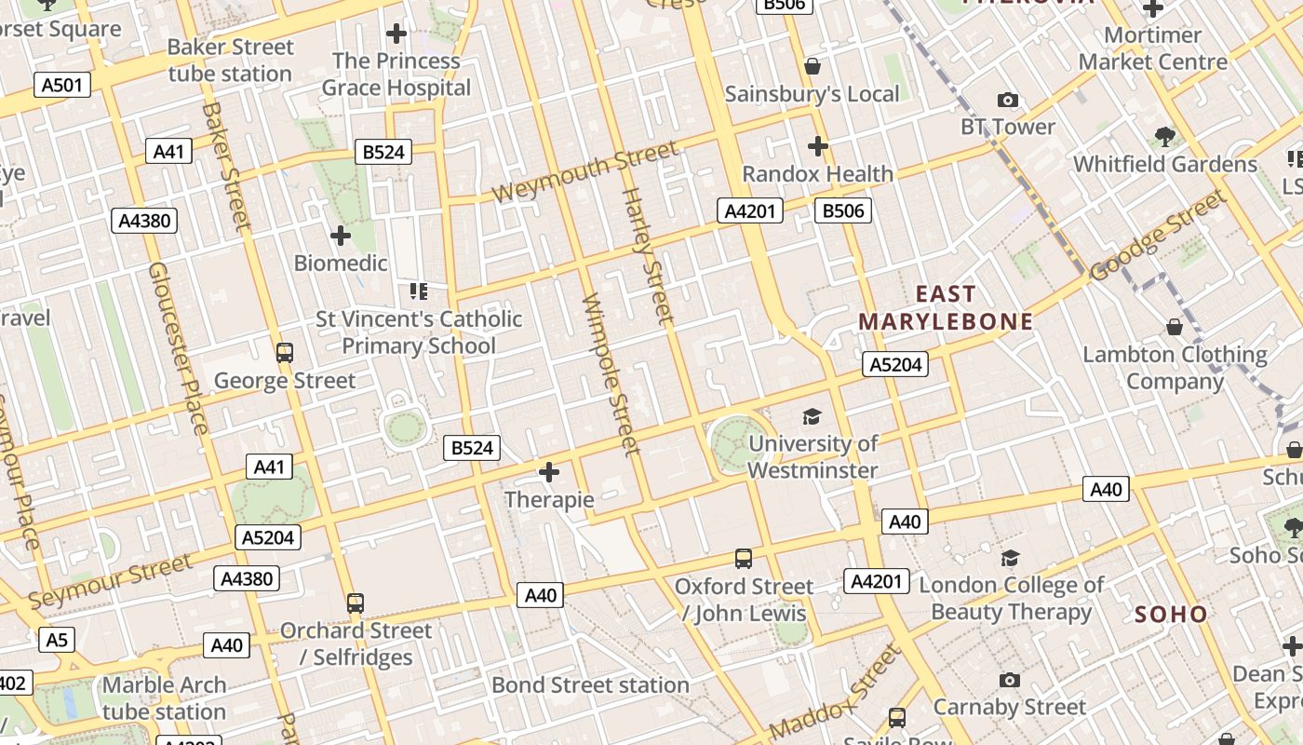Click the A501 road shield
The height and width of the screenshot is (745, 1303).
pos(63,85)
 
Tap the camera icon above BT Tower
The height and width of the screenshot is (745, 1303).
pos(1007,100)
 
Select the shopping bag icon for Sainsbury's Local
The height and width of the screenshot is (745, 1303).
pos(813,66)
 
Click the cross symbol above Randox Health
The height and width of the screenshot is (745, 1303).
pos(817,146)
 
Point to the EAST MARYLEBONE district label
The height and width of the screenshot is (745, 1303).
pos(946,308)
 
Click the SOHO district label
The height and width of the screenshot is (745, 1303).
pos(1171,615)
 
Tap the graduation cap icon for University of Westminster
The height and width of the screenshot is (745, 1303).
pos(813,416)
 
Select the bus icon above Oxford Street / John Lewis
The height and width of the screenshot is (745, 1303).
pos(743,559)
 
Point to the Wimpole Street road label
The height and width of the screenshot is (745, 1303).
pos(611,374)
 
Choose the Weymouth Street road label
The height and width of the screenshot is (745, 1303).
pos(585,172)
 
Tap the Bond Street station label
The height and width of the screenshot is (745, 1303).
pos(590,685)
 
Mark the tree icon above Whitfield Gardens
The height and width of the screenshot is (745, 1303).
pos(1164,137)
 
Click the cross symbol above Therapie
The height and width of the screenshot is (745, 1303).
pos(549,472)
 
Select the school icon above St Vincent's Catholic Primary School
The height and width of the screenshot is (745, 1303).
pos(418,292)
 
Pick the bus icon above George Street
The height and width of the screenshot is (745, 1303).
pos(285,353)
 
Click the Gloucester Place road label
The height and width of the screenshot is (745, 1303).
pos(178,347)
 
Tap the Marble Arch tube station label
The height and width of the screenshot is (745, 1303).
pos(164,698)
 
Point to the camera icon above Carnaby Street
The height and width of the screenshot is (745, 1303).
pos(1009,681)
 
